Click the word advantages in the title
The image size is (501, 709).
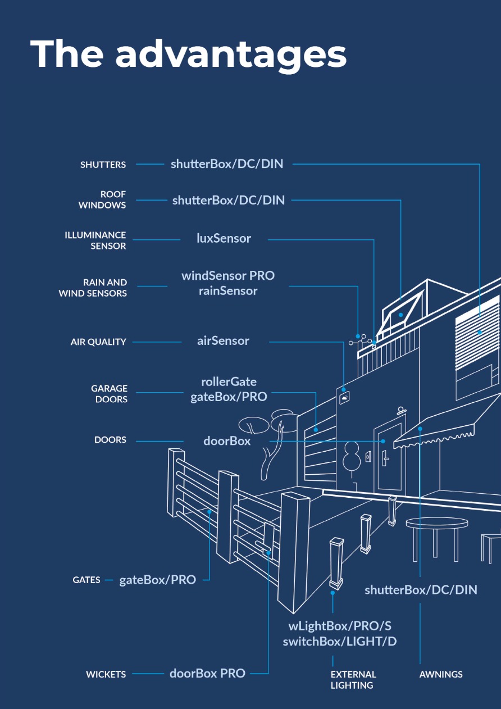(x=231, y=55)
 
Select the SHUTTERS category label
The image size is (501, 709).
(x=103, y=165)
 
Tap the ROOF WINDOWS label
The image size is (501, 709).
(x=102, y=199)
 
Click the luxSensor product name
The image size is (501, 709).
(x=224, y=238)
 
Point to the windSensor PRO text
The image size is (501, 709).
(x=228, y=276)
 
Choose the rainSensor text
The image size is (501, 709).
(x=228, y=291)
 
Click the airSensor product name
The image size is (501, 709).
(x=223, y=340)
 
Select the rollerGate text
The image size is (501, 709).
(x=229, y=382)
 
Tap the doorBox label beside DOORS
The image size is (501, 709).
(x=227, y=441)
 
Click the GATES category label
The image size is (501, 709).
(x=86, y=580)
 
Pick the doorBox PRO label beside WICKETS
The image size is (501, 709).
(x=207, y=673)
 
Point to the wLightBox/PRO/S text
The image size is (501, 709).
(x=339, y=626)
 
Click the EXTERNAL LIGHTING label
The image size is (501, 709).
(x=353, y=680)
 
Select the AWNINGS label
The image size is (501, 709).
(x=441, y=674)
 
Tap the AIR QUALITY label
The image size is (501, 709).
(x=98, y=342)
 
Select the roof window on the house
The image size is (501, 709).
(x=401, y=313)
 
